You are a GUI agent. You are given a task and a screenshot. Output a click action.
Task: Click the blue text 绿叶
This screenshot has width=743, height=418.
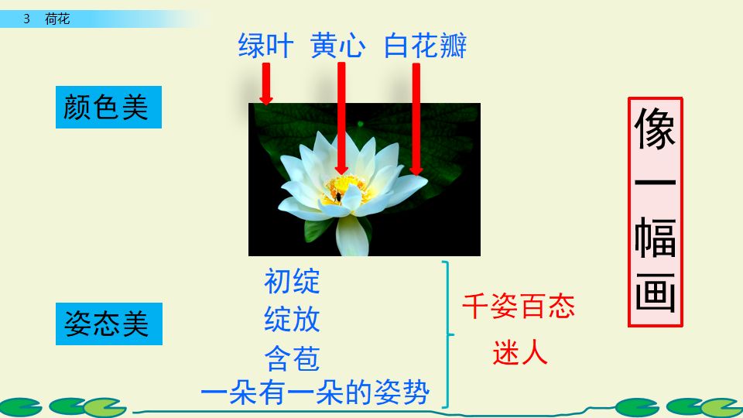click(x=265, y=46)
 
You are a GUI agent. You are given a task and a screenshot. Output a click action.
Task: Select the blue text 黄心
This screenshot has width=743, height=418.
click(x=337, y=46)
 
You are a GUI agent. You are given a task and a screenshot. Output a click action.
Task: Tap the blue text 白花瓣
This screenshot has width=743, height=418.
click(x=425, y=46)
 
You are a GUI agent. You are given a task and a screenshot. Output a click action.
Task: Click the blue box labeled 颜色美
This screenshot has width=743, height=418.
click(x=108, y=108)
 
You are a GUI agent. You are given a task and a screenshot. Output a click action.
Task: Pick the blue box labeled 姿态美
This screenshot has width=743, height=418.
click(x=108, y=324)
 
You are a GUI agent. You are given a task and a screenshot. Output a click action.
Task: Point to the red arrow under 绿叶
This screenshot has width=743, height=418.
click(x=265, y=84)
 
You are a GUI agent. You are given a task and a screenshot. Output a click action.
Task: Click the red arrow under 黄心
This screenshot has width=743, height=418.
click(x=341, y=116)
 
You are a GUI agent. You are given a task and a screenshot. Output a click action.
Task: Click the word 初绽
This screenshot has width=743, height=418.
click(x=292, y=281)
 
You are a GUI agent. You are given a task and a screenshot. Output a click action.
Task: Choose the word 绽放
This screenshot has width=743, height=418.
click(x=292, y=319)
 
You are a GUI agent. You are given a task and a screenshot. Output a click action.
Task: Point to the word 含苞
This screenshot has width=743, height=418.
click(x=292, y=358)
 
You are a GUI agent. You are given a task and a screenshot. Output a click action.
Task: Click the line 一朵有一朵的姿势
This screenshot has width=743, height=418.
click(x=314, y=393)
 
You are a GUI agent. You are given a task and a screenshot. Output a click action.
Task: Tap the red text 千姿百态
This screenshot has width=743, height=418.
click(x=518, y=307)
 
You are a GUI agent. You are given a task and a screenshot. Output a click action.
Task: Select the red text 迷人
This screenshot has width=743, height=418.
click(x=519, y=353)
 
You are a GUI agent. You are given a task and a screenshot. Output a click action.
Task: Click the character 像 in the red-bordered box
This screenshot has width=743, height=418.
click(x=655, y=128)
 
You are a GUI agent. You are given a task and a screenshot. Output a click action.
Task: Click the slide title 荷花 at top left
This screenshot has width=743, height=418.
click(x=57, y=19)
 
